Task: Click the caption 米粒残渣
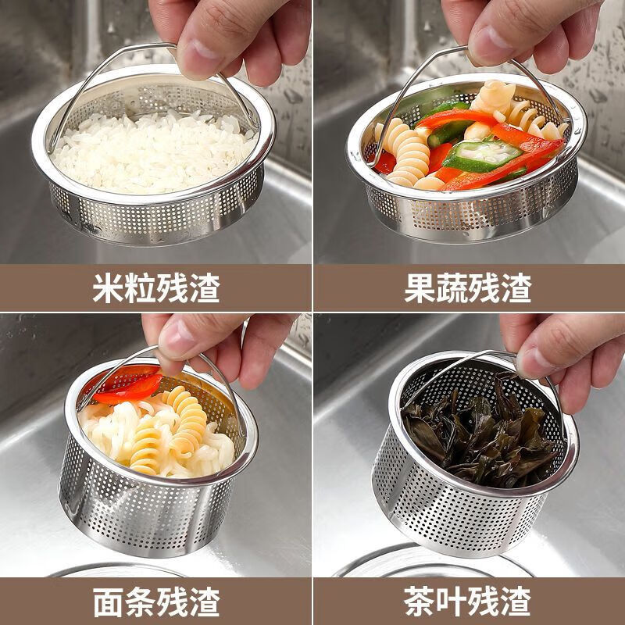tap(155, 288)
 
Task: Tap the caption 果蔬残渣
tap(468, 288)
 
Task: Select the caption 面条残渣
tap(155, 602)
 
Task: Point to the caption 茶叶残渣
tap(468, 602)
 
